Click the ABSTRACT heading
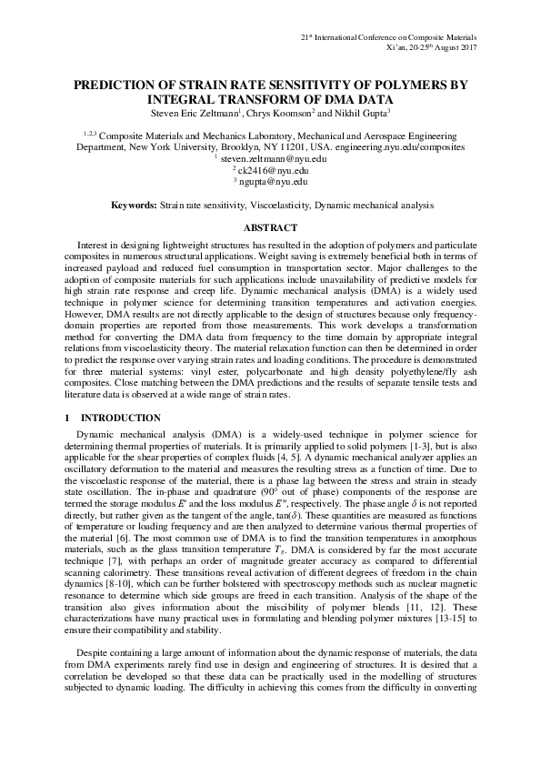(x=270, y=227)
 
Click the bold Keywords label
(x=133, y=207)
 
